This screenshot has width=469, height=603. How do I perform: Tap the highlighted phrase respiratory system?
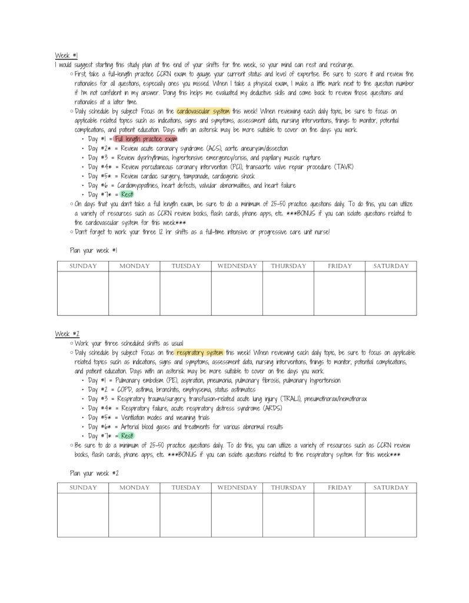click(200, 352)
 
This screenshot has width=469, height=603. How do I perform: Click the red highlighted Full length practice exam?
click(146, 139)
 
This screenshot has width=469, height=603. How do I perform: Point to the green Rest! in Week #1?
click(127, 194)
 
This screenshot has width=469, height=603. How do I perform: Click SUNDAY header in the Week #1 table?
click(82, 266)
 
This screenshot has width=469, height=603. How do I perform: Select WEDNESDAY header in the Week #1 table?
click(237, 266)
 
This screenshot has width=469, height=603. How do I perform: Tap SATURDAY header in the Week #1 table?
click(391, 266)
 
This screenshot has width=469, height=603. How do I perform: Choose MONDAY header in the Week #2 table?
click(134, 488)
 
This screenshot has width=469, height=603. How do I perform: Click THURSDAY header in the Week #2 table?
click(288, 488)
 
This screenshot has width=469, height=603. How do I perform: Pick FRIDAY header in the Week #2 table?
click(340, 488)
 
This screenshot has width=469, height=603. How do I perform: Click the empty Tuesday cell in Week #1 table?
click(185, 293)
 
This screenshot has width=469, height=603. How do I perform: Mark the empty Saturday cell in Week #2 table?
click(391, 515)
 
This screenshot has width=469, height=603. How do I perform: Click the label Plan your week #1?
click(94, 250)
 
